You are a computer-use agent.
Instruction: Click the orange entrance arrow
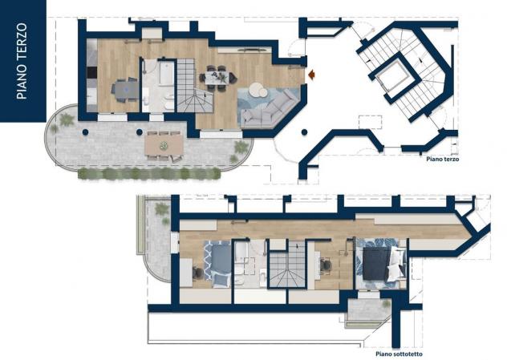click(x=312, y=75)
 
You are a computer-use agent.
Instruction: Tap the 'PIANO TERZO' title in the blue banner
click(x=22, y=61)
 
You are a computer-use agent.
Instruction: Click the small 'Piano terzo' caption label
click(x=442, y=159)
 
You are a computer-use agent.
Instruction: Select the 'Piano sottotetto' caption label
click(x=399, y=354)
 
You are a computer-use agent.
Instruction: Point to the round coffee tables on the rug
click(x=258, y=90)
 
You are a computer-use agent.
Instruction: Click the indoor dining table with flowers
click(x=217, y=78)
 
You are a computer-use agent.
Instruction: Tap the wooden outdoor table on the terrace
click(x=164, y=145)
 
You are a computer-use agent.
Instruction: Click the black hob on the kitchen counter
click(x=92, y=72)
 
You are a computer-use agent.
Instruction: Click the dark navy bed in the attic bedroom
click(x=376, y=263)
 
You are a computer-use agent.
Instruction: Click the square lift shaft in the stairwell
click(x=395, y=77)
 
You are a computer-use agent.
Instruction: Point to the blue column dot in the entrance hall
click(x=305, y=131)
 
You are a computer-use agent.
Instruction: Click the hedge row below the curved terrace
click(x=149, y=173)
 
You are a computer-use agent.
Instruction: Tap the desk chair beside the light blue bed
click(x=197, y=273)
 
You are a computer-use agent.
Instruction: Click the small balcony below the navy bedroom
click(x=370, y=309)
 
